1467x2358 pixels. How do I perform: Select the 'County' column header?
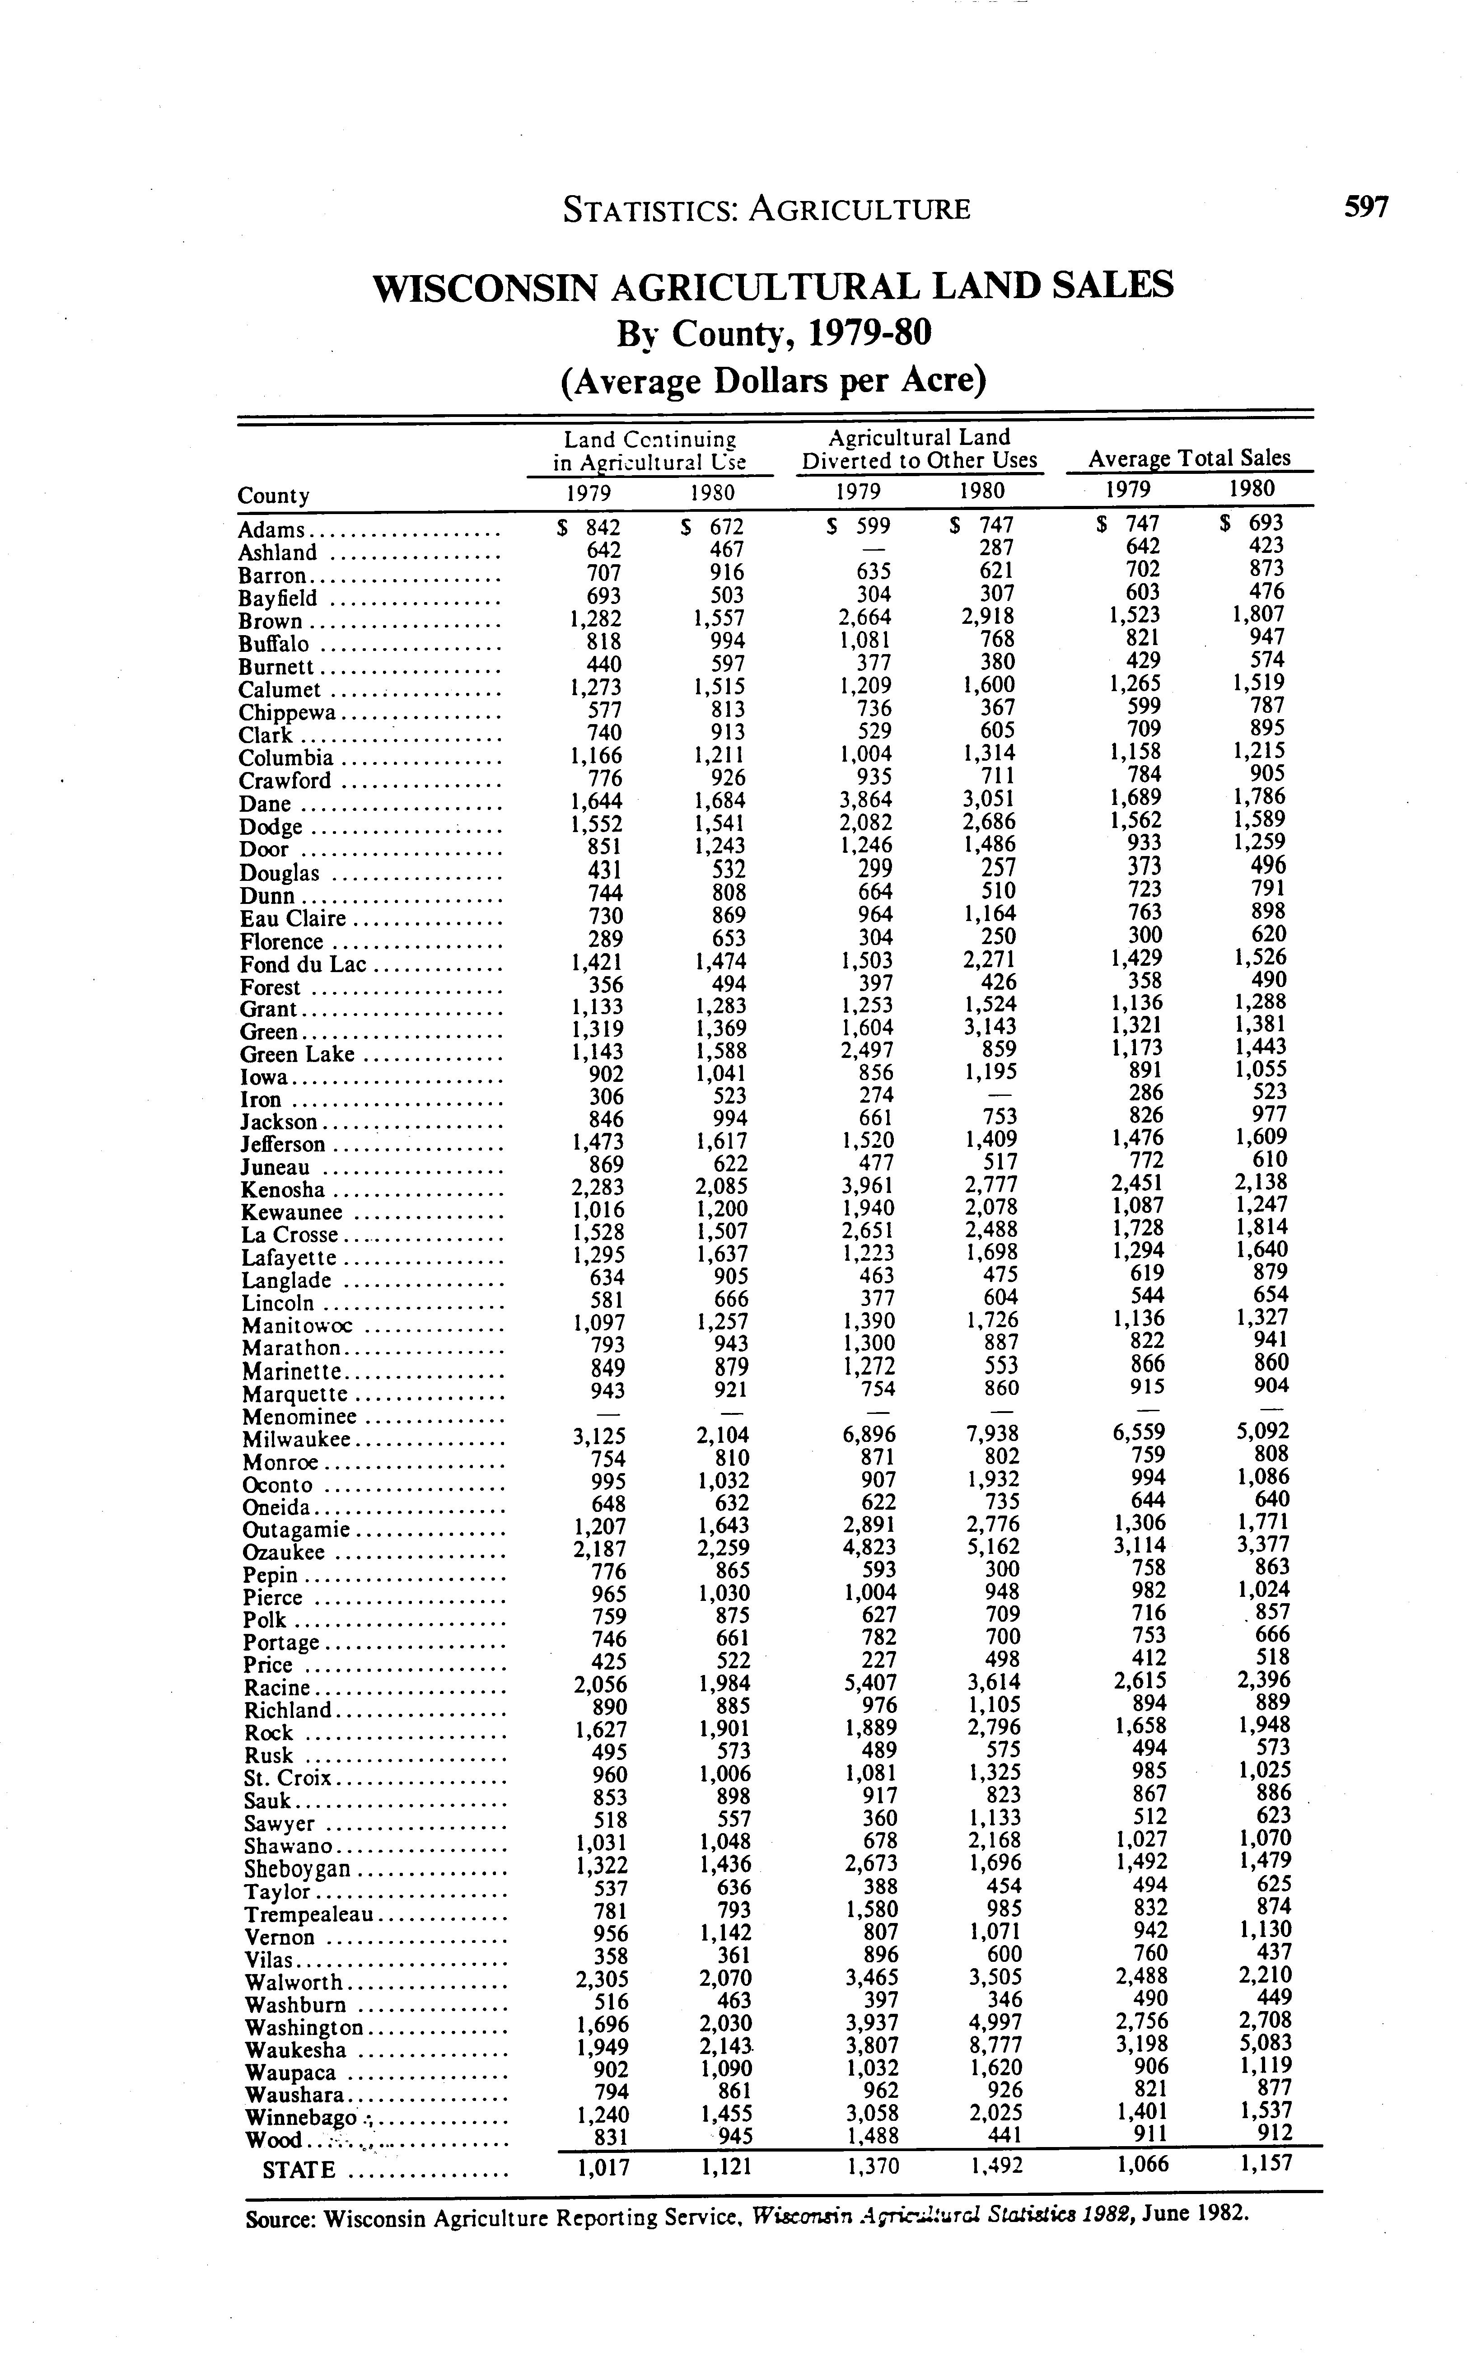click(274, 496)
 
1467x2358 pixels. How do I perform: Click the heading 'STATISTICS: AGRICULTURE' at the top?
click(766, 210)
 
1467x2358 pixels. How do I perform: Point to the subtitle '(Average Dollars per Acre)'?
click(773, 379)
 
